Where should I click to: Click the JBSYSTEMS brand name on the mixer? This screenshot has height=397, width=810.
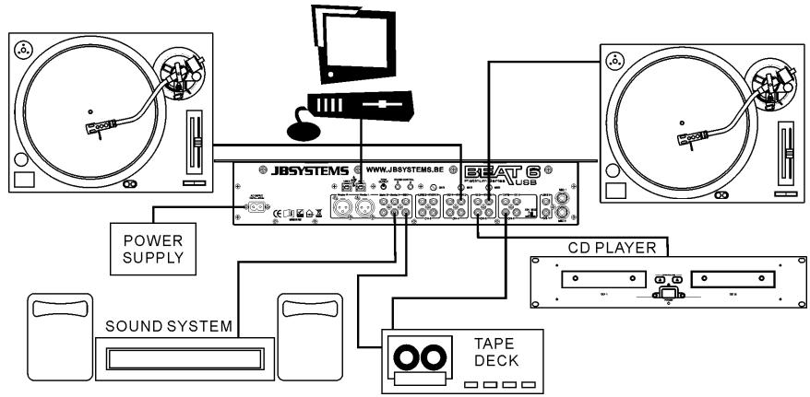click(x=298, y=170)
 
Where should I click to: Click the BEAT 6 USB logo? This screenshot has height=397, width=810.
click(x=516, y=173)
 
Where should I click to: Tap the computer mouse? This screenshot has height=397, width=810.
click(x=312, y=132)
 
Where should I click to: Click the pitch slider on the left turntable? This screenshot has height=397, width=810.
click(x=194, y=143)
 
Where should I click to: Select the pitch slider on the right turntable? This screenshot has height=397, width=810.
click(x=786, y=151)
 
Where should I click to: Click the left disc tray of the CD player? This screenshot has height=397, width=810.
click(x=590, y=278)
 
